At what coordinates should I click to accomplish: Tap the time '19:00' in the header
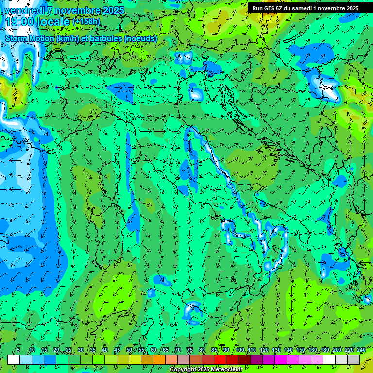(19, 22)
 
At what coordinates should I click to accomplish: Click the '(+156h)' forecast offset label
(86, 22)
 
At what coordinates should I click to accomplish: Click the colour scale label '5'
(18, 350)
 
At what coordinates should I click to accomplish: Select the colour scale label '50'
(129, 350)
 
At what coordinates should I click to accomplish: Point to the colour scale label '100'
(240, 350)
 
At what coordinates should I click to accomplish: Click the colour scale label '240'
(361, 350)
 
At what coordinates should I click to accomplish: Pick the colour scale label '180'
(325, 350)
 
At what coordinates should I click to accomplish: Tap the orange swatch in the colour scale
(147, 359)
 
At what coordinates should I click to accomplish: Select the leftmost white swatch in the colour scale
(14, 359)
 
